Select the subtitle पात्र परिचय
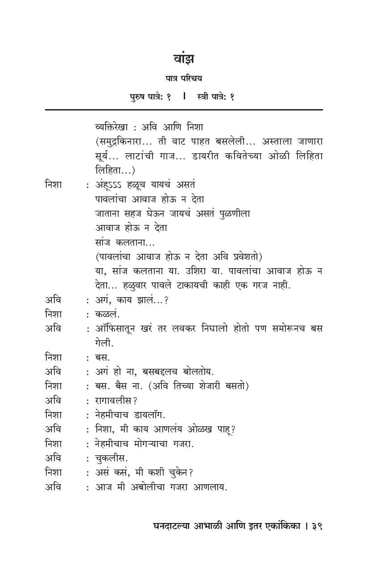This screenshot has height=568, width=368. tap(183, 79)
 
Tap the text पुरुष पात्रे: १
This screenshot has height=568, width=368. tap(150, 97)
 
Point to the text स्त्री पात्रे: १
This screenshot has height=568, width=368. tap(215, 97)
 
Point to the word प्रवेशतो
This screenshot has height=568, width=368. tap(244, 257)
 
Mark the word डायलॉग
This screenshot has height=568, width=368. tap(148, 415)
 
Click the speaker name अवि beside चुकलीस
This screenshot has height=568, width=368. tap(53, 458)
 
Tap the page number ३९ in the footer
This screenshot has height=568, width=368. tap(317, 526)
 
